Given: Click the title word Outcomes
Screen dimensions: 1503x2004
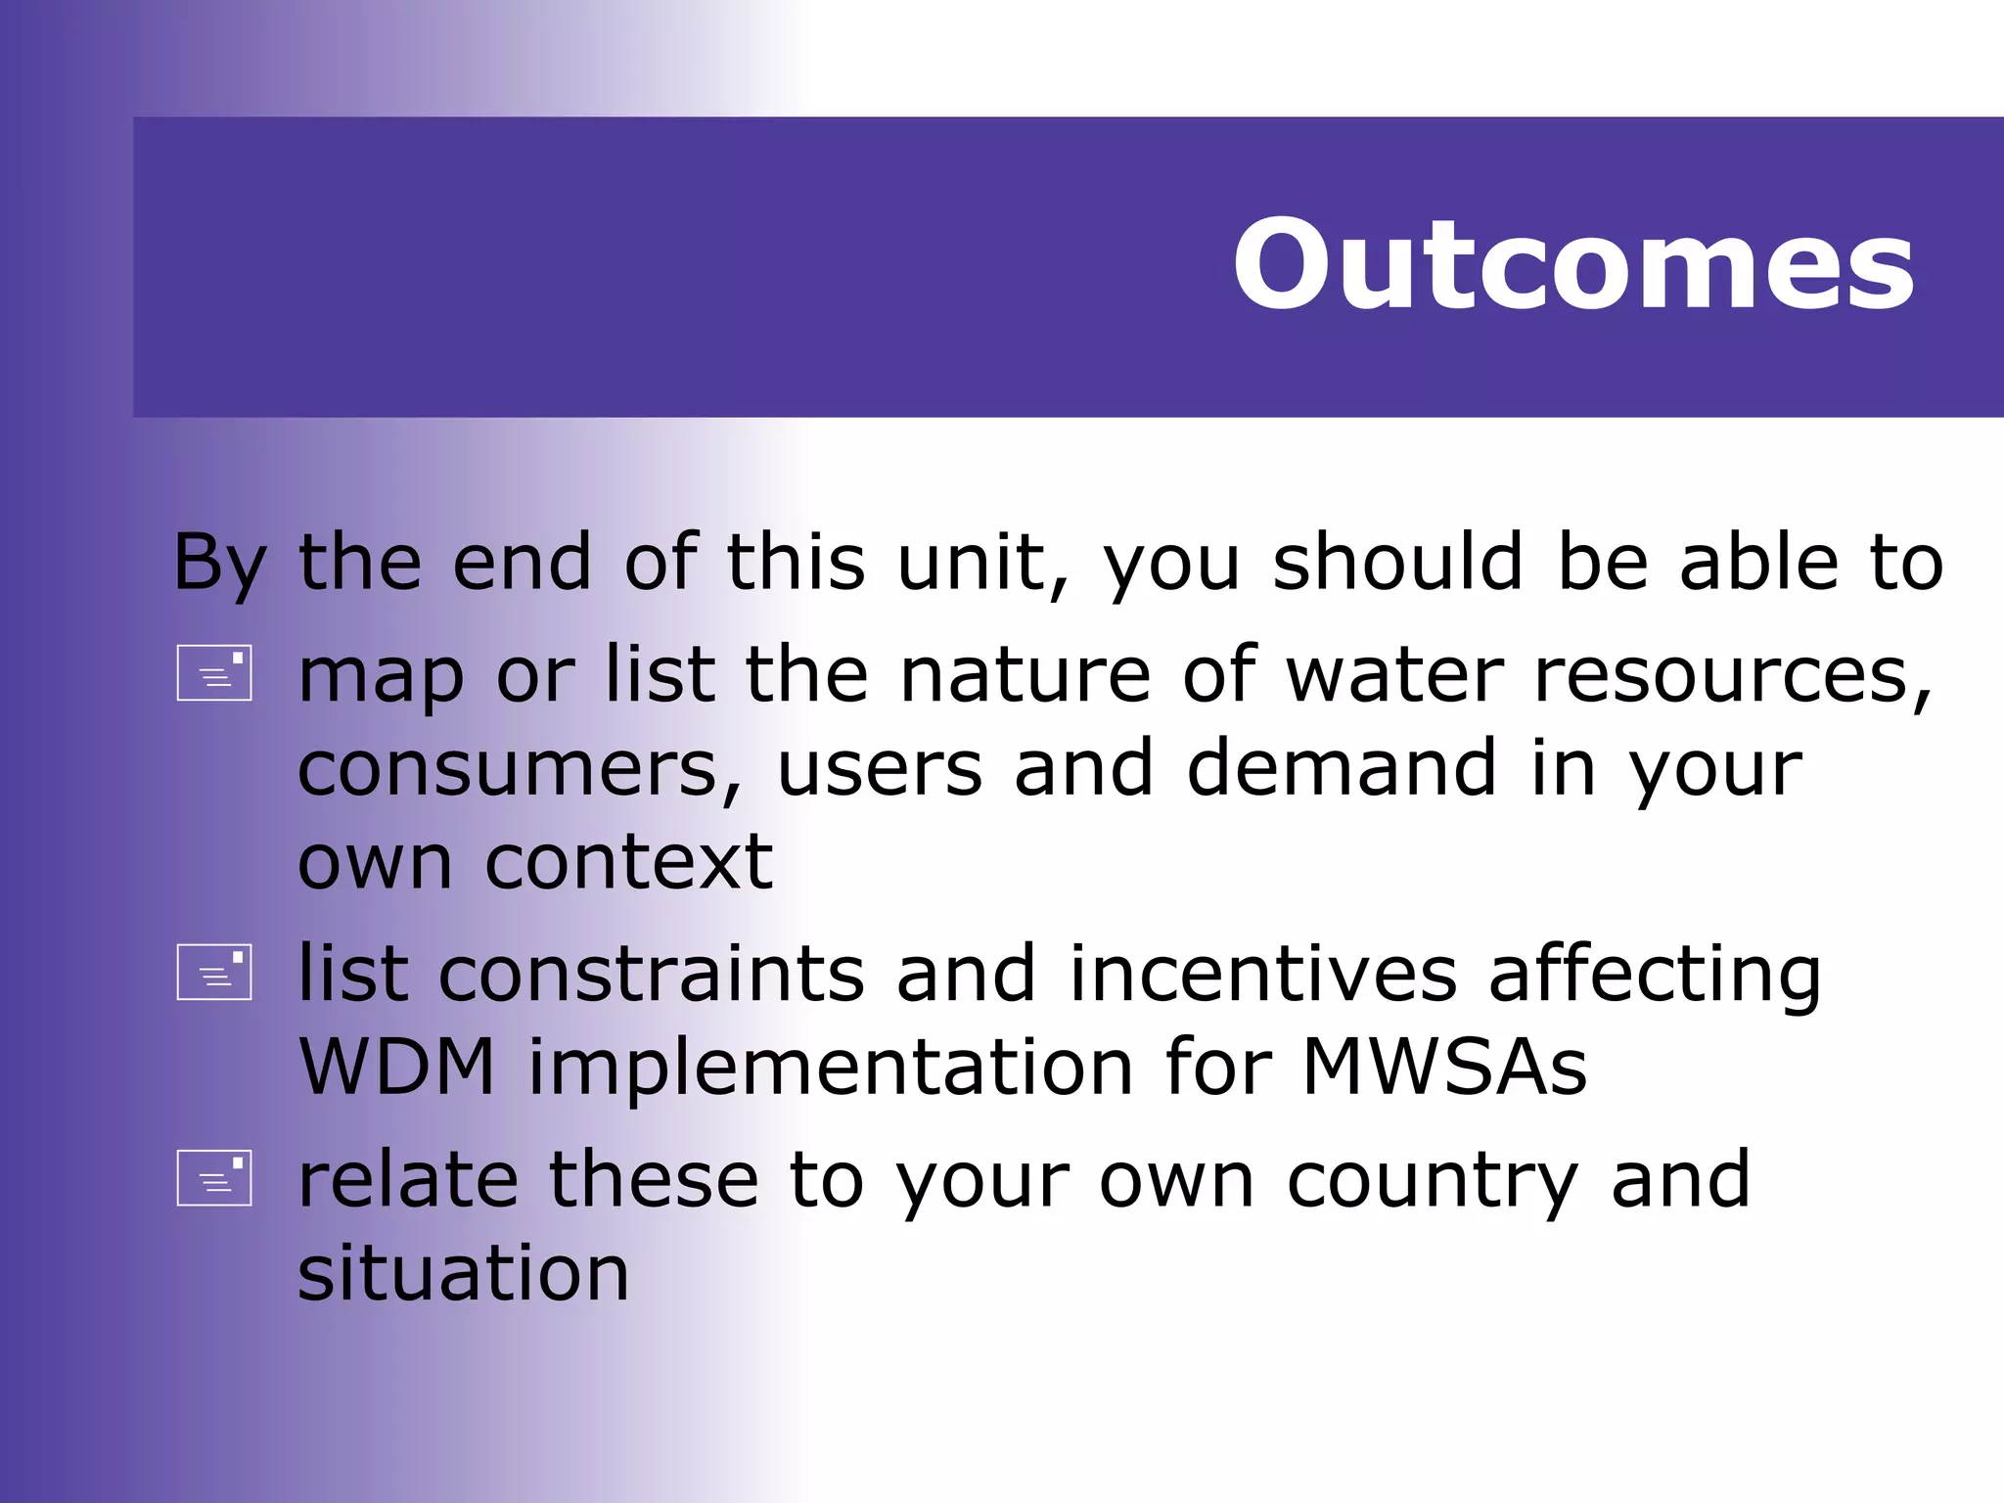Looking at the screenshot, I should (x=1572, y=265).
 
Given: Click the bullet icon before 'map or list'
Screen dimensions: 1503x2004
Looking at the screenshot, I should (x=214, y=673).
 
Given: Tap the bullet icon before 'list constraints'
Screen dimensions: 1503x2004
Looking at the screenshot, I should (x=214, y=972).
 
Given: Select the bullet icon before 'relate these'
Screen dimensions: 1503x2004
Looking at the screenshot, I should (x=214, y=1177).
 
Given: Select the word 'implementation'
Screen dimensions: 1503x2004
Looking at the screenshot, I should (x=831, y=1069).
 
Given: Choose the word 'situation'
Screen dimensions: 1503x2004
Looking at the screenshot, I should (x=463, y=1273).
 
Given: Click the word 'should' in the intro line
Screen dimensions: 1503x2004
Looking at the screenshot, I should (x=1397, y=564).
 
